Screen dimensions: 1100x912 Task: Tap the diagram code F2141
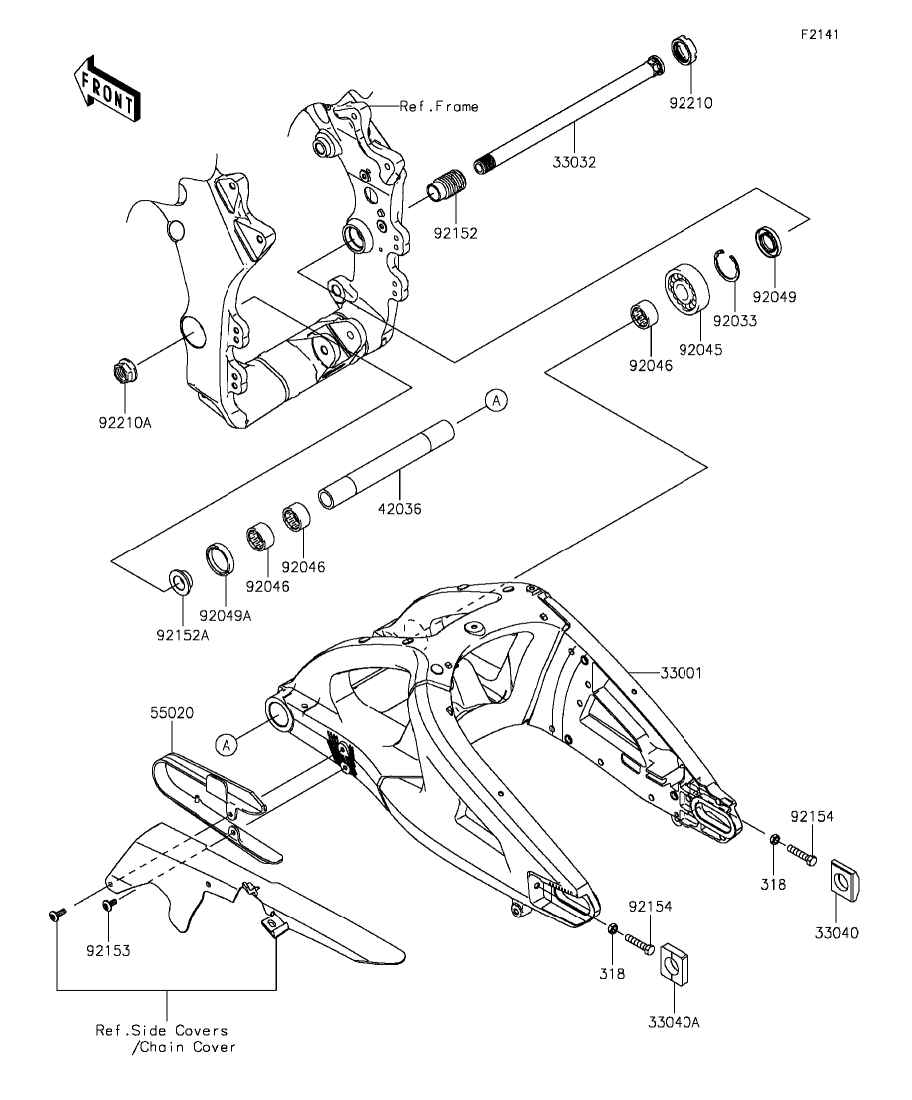[819, 34]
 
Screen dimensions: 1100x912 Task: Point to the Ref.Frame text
[439, 106]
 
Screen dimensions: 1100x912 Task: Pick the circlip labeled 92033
[727, 267]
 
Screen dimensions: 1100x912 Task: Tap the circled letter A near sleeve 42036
[496, 400]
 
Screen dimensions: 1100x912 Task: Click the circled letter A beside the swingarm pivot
[227, 744]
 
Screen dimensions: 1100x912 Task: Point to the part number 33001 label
[682, 673]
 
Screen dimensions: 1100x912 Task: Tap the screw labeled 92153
[109, 904]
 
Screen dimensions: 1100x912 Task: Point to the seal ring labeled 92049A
[222, 557]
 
